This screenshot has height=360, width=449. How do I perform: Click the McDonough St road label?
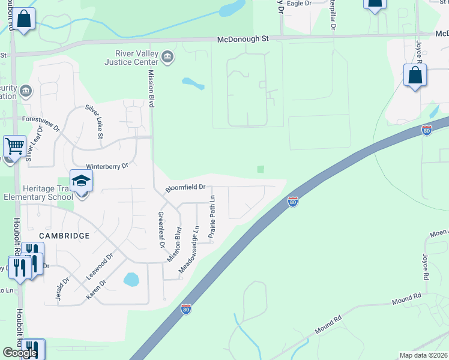point(243,38)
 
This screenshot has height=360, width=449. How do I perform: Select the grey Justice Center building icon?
point(167,57)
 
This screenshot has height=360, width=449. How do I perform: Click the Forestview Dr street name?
point(41,122)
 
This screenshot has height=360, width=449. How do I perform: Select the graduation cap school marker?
point(81,180)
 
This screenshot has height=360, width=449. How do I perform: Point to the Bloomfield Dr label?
point(186,188)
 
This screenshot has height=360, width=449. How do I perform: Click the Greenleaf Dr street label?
point(160,229)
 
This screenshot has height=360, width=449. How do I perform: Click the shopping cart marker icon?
point(14,146)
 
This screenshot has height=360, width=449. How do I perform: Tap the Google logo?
point(20,353)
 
